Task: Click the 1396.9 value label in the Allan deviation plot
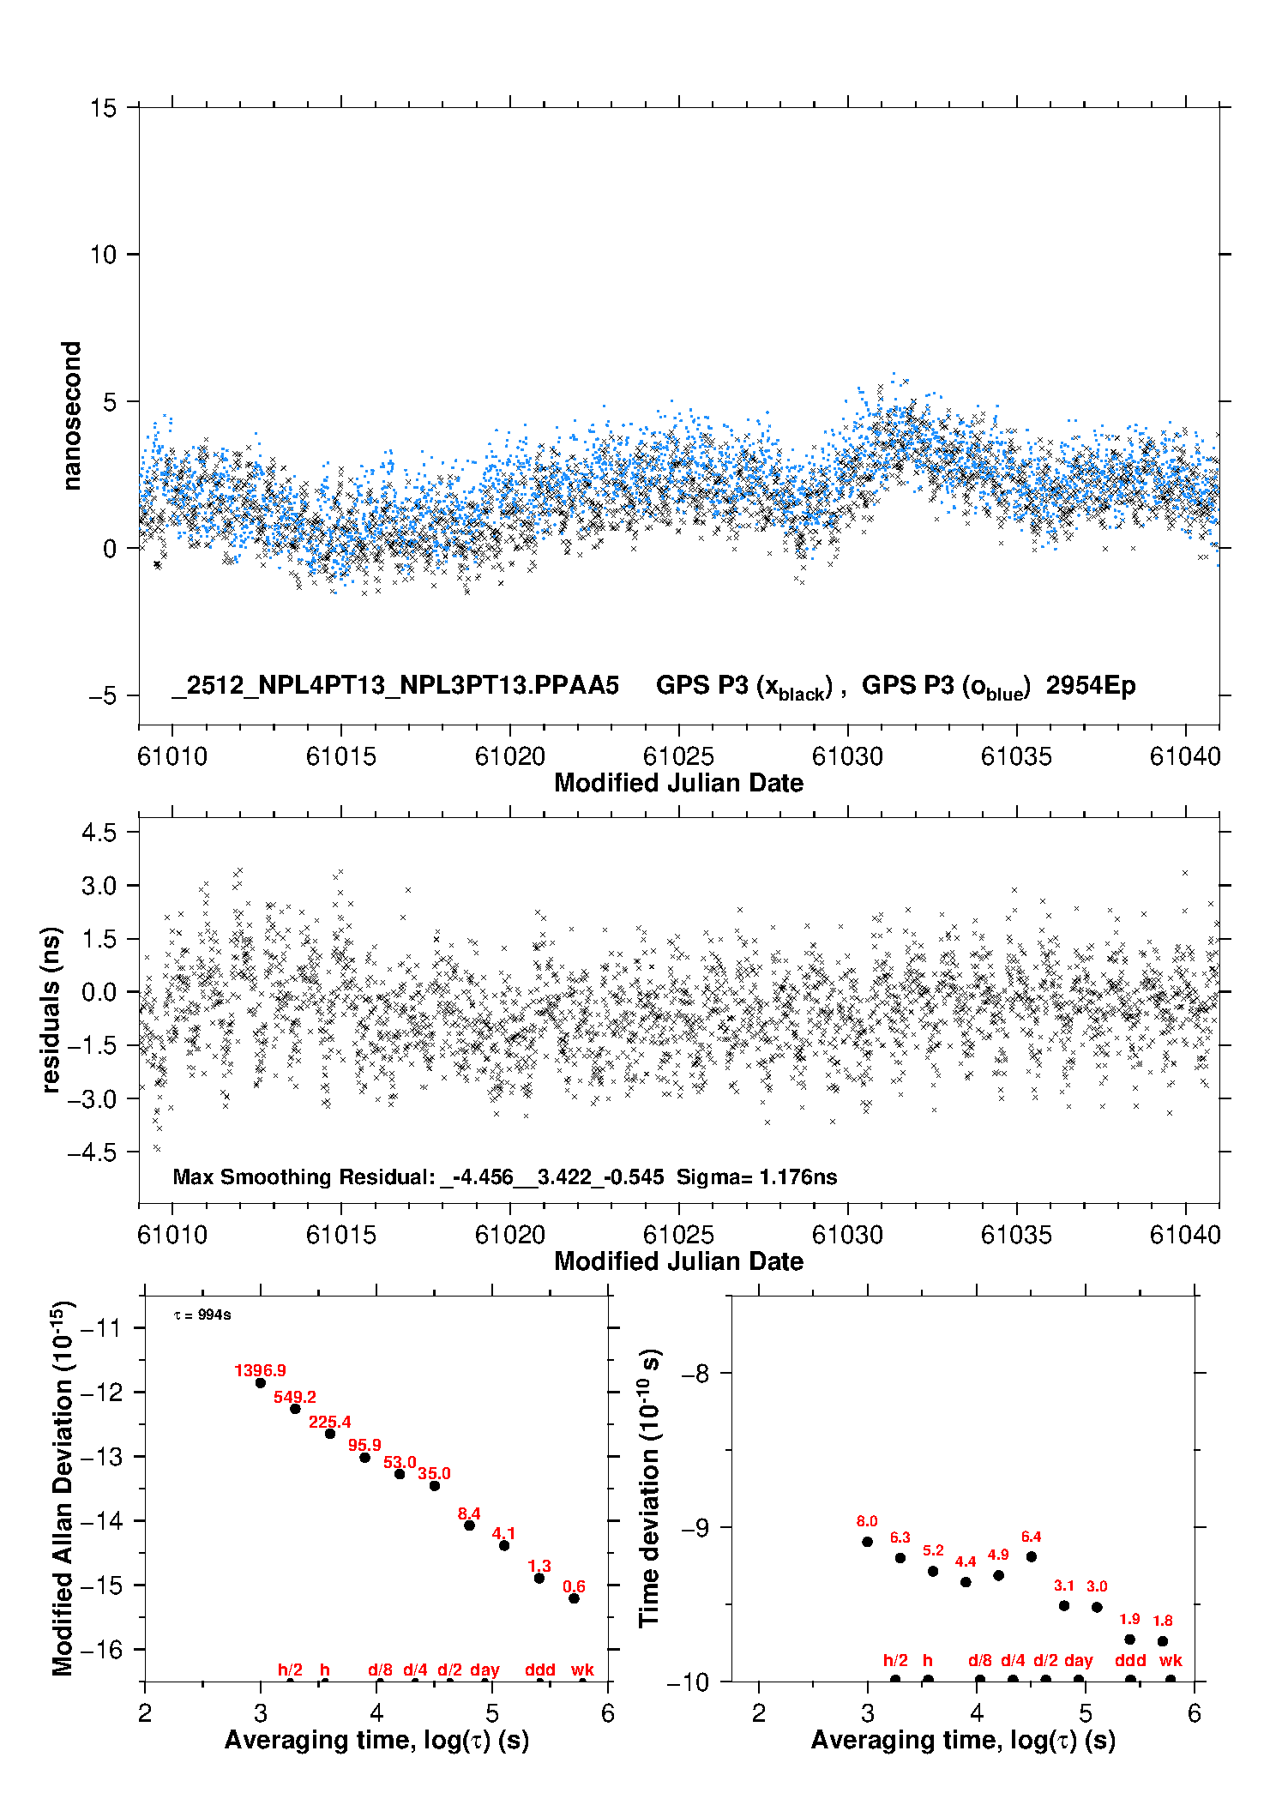pos(260,1370)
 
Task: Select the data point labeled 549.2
pos(295,1409)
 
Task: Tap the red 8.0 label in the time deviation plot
pos(867,1521)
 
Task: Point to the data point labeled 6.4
pos(1032,1556)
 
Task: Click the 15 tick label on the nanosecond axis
pos(103,108)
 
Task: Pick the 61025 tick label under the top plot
pos(678,756)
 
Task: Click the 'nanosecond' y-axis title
pos(71,416)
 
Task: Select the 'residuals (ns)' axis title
pos(51,1010)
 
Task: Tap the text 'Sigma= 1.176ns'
pos(756,1176)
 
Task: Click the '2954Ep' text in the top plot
pos(1090,686)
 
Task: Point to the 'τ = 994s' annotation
pos(202,1315)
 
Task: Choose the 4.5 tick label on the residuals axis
pos(99,833)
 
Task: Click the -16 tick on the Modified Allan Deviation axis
pos(100,1649)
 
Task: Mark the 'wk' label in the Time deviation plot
pos(1171,1660)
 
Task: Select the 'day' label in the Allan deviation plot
pos(485,1670)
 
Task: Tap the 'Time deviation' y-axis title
pos(650,1489)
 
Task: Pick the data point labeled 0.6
pos(575,1598)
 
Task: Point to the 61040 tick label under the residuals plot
pos(1185,1235)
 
